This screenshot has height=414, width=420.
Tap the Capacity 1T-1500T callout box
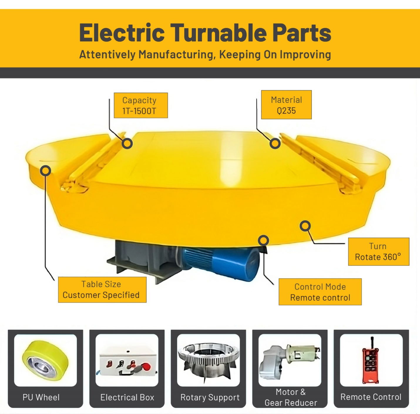tap(140, 106)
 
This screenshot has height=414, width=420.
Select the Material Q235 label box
tap(286, 105)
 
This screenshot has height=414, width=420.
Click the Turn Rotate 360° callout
tap(378, 252)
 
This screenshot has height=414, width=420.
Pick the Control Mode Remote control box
tap(320, 292)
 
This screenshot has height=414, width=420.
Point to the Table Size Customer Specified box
tap(102, 290)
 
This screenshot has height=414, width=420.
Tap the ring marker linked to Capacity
tap(127, 144)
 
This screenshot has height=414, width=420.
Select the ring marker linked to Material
tap(275, 144)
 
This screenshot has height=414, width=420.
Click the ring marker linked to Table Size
tap(46, 171)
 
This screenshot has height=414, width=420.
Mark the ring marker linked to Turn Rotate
tap(305, 226)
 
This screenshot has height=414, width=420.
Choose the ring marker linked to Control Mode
tap(263, 240)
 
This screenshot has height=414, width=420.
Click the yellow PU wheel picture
tap(45, 360)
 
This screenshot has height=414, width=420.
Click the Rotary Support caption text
tap(210, 398)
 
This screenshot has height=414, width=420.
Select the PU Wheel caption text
tap(41, 398)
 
